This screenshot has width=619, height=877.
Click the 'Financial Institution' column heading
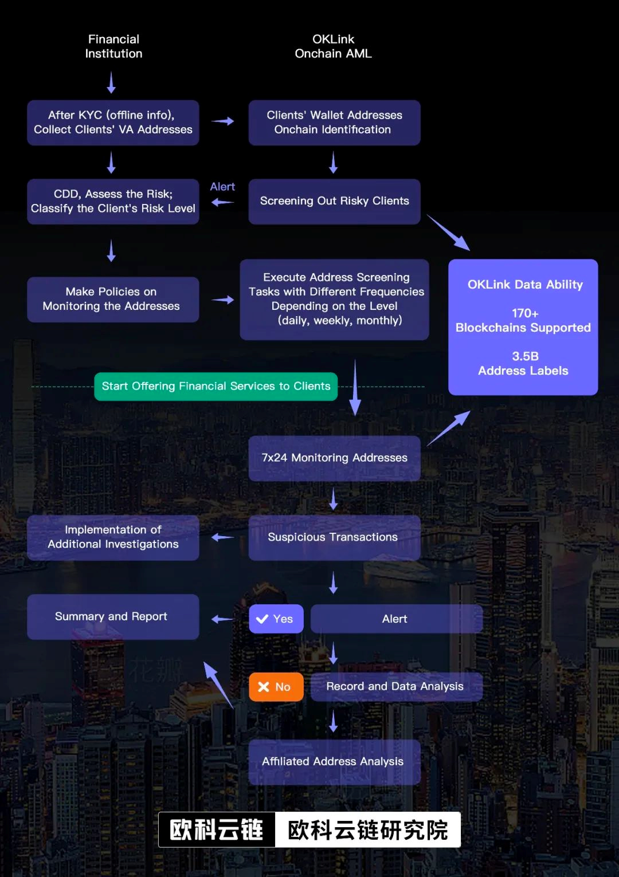pos(113,46)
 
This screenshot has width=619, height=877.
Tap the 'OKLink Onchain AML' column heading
pos(333,46)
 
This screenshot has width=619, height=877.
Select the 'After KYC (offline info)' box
pos(113,123)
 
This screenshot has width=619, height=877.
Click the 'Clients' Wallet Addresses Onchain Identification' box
pos(334,123)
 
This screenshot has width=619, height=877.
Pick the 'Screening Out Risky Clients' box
pos(334,201)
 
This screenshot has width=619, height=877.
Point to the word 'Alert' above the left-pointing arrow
pos(222,187)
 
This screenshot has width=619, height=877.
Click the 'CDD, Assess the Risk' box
pos(113,201)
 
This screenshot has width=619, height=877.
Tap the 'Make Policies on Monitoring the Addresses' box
pos(113,299)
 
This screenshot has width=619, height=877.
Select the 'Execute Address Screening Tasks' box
pos(334,299)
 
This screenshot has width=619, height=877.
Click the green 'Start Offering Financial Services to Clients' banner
pos(216,386)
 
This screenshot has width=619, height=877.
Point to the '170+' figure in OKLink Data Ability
pos(525,313)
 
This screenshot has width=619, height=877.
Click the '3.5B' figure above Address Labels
pos(525,356)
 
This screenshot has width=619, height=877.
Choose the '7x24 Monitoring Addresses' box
pos(334,458)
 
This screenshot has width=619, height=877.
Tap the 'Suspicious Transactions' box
pos(334,537)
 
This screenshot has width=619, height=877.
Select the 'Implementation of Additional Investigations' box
pos(113,537)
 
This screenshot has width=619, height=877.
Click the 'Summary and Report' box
pos(113,616)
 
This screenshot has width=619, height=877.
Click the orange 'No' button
pos(276,687)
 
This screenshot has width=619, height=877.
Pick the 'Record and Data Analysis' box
pos(396,686)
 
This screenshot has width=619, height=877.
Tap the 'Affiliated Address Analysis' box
pos(334,761)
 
